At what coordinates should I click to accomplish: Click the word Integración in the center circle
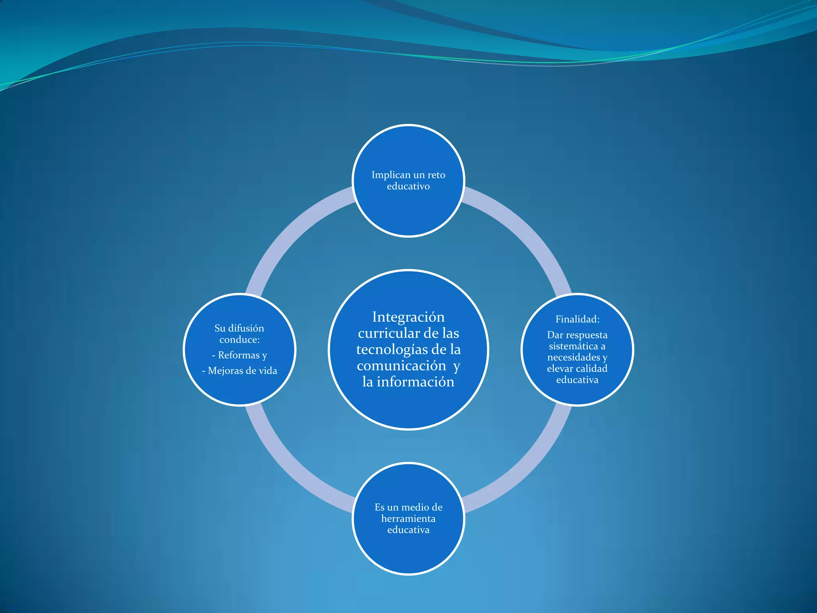coord(408,317)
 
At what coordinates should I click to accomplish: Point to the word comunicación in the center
coord(401,366)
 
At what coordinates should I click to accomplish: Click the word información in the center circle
coord(415,382)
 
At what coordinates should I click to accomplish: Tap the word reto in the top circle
coord(436,175)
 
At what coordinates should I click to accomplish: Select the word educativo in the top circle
coord(408,186)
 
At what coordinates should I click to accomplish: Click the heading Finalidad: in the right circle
coord(577,319)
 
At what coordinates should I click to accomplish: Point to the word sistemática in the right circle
coord(573,346)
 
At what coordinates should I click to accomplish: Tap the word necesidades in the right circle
coord(574,357)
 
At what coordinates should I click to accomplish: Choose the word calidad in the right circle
coord(591,368)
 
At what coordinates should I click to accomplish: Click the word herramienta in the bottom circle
coord(408,518)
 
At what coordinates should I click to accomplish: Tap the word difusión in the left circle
coord(246,328)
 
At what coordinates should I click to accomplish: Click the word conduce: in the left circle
coord(239,340)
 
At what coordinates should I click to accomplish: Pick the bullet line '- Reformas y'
coord(239,355)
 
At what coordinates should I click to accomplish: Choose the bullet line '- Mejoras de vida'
coord(239,371)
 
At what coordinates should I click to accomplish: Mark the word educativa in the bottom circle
coord(408,530)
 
